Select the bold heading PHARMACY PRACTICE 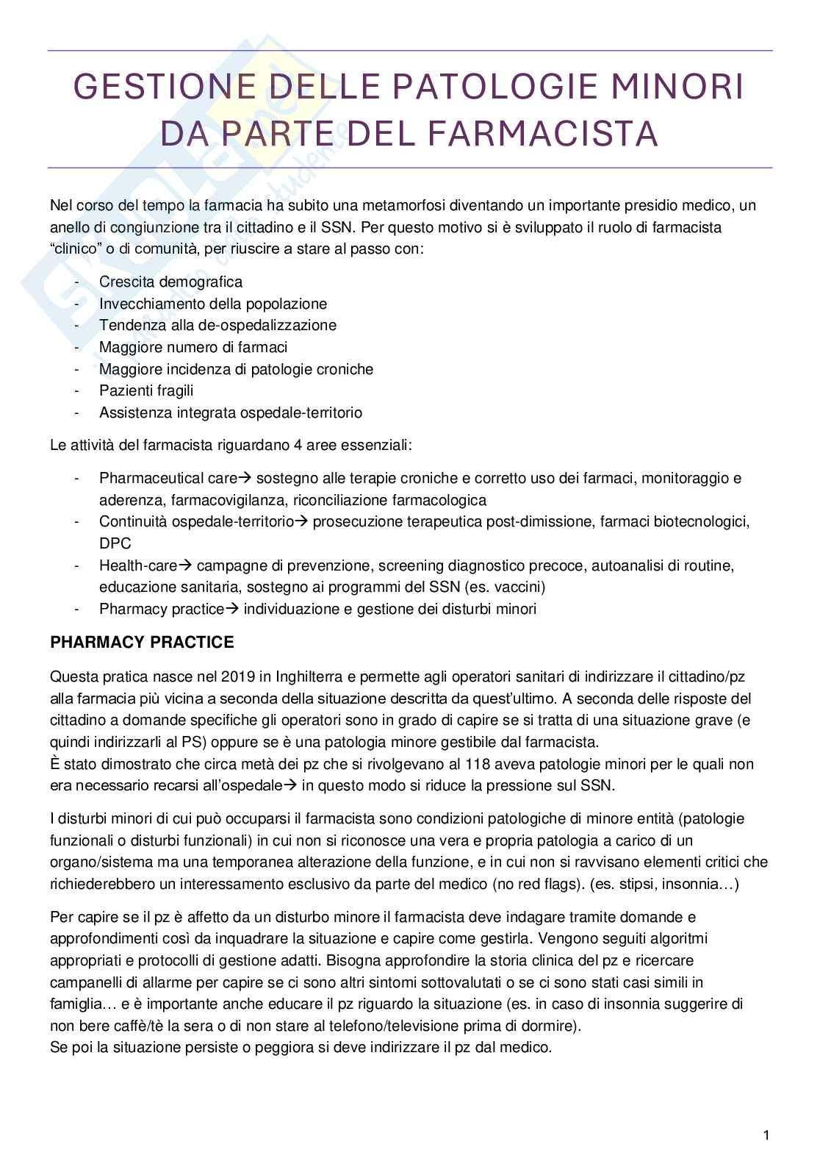tap(142, 642)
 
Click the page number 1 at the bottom tap(766, 1136)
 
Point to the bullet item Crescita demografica tap(170, 282)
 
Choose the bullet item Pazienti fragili tap(146, 390)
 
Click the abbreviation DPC tap(115, 543)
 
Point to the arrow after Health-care tap(185, 565)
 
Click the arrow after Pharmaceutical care tap(245, 478)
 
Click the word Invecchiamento tap(152, 304)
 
